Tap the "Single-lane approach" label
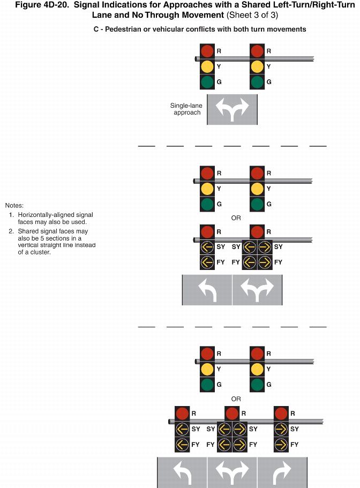(x=185, y=109)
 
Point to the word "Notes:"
(x=14, y=206)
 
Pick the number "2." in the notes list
(x=11, y=231)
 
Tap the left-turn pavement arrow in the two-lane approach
(x=207, y=290)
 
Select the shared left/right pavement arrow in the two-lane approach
(x=257, y=290)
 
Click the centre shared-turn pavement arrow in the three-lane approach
(x=232, y=473)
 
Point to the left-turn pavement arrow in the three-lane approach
(x=182, y=473)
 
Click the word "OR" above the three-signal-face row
(x=236, y=399)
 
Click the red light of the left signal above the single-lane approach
(x=207, y=51)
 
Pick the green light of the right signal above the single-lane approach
(x=257, y=82)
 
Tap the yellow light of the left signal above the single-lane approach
(x=207, y=66)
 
